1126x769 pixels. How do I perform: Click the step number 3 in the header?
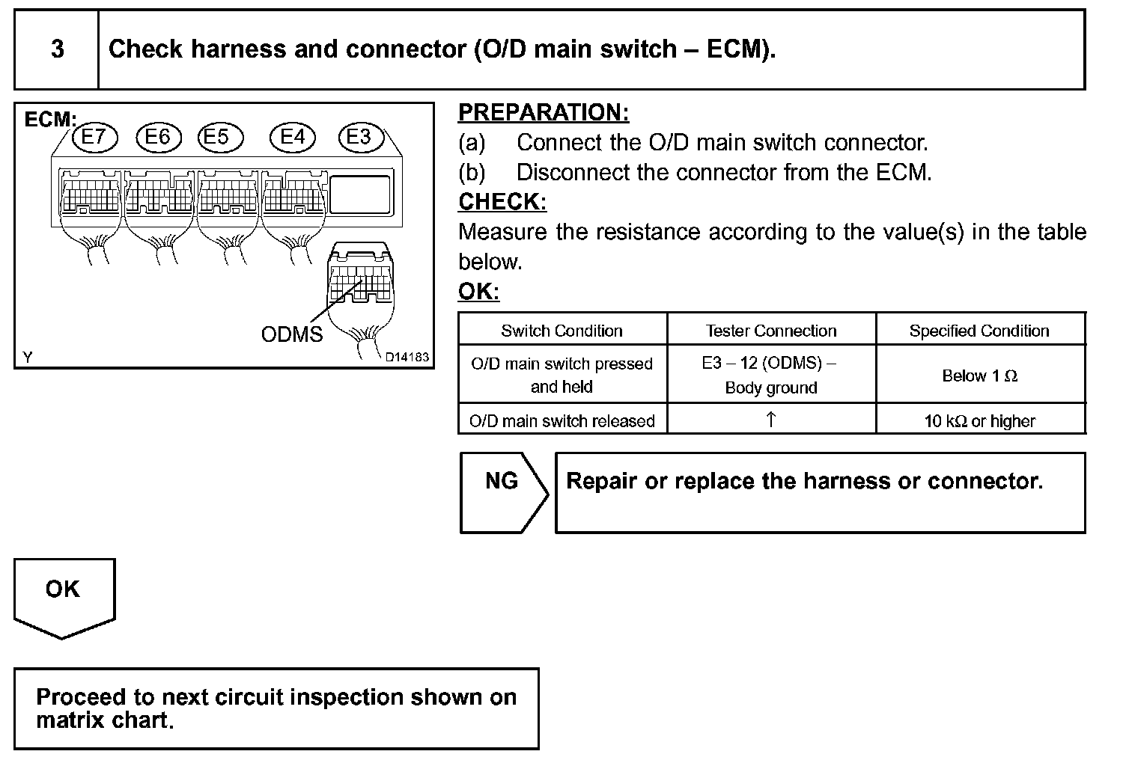tap(57, 49)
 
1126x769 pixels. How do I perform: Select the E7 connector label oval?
tap(94, 137)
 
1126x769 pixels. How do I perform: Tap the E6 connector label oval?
tap(158, 137)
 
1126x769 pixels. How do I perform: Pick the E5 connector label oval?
tap(219, 137)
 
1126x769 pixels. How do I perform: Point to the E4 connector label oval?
tap(293, 137)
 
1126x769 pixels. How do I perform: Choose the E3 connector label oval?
tap(359, 137)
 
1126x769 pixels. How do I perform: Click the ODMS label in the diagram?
tap(292, 334)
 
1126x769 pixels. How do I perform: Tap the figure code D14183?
tap(407, 358)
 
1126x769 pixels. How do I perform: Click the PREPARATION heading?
tap(544, 112)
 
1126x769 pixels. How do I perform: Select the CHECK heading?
tap(502, 201)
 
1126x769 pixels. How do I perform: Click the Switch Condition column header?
tap(562, 331)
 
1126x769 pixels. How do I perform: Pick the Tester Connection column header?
tap(771, 331)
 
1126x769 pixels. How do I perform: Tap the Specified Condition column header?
tap(979, 331)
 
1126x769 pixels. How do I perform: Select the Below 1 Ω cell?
tap(979, 376)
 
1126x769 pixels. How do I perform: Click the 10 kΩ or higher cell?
tap(979, 420)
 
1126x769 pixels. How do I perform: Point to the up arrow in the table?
tap(771, 420)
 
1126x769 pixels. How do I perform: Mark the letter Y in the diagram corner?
tap(28, 358)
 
